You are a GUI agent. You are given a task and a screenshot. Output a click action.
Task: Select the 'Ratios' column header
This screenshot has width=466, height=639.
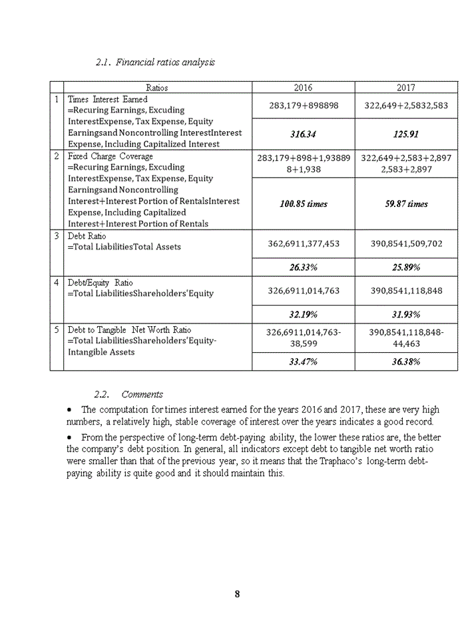pos(157,87)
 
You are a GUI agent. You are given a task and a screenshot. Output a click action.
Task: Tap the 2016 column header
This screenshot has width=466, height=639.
pos(303,87)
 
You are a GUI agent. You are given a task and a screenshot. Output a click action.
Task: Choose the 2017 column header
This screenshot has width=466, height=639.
pos(405,87)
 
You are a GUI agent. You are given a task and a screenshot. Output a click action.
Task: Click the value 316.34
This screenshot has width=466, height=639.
pos(303,134)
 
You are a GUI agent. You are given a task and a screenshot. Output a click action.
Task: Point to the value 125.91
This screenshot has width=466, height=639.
pos(405,134)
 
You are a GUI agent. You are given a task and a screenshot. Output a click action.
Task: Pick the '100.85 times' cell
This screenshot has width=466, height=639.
pos(303,204)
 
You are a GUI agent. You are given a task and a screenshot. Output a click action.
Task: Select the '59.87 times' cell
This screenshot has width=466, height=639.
pos(405,204)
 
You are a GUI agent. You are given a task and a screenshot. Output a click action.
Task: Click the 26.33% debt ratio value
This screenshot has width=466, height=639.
pos(303,267)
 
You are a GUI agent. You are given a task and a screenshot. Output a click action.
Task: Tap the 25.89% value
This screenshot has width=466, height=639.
pos(405,267)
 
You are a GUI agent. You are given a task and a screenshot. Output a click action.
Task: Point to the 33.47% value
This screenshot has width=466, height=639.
pos(303,361)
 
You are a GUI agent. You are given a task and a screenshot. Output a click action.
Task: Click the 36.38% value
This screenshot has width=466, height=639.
pos(405,361)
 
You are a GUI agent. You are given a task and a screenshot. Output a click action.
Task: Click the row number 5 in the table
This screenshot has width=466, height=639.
pos(57,329)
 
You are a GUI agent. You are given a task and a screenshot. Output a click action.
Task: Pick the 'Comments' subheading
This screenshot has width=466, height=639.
pos(142,394)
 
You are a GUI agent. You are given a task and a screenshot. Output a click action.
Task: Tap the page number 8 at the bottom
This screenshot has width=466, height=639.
pos(237,594)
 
